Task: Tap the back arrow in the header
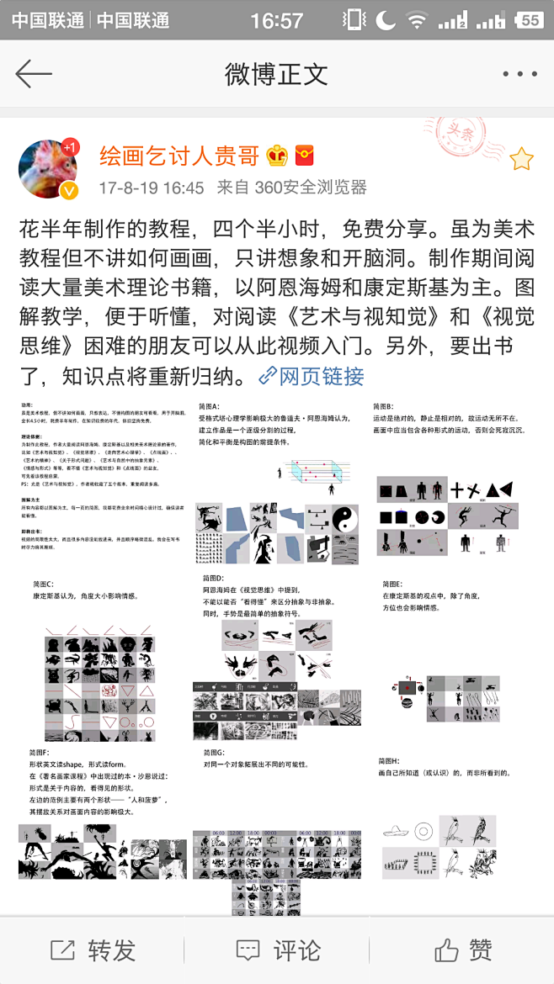click(35, 74)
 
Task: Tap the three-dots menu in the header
click(519, 74)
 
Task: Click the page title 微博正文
click(276, 74)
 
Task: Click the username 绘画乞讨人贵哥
click(179, 156)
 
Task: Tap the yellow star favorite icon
click(521, 158)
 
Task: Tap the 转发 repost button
click(93, 950)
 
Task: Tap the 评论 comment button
click(278, 950)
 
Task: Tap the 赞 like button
click(463, 950)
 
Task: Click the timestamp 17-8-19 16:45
click(152, 187)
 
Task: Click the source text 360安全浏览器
click(311, 187)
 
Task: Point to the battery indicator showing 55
click(528, 19)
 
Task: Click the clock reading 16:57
click(276, 19)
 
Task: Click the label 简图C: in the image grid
click(41, 584)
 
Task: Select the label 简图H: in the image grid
click(392, 760)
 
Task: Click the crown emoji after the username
click(277, 156)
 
